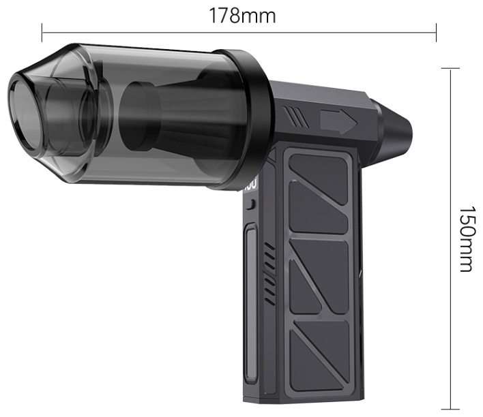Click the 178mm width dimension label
coord(242,16)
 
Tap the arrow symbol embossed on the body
coord(339,122)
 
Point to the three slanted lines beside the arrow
coord(295,117)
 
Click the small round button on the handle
coord(252,204)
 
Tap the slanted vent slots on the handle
coord(269,273)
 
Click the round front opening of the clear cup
coord(24,114)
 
